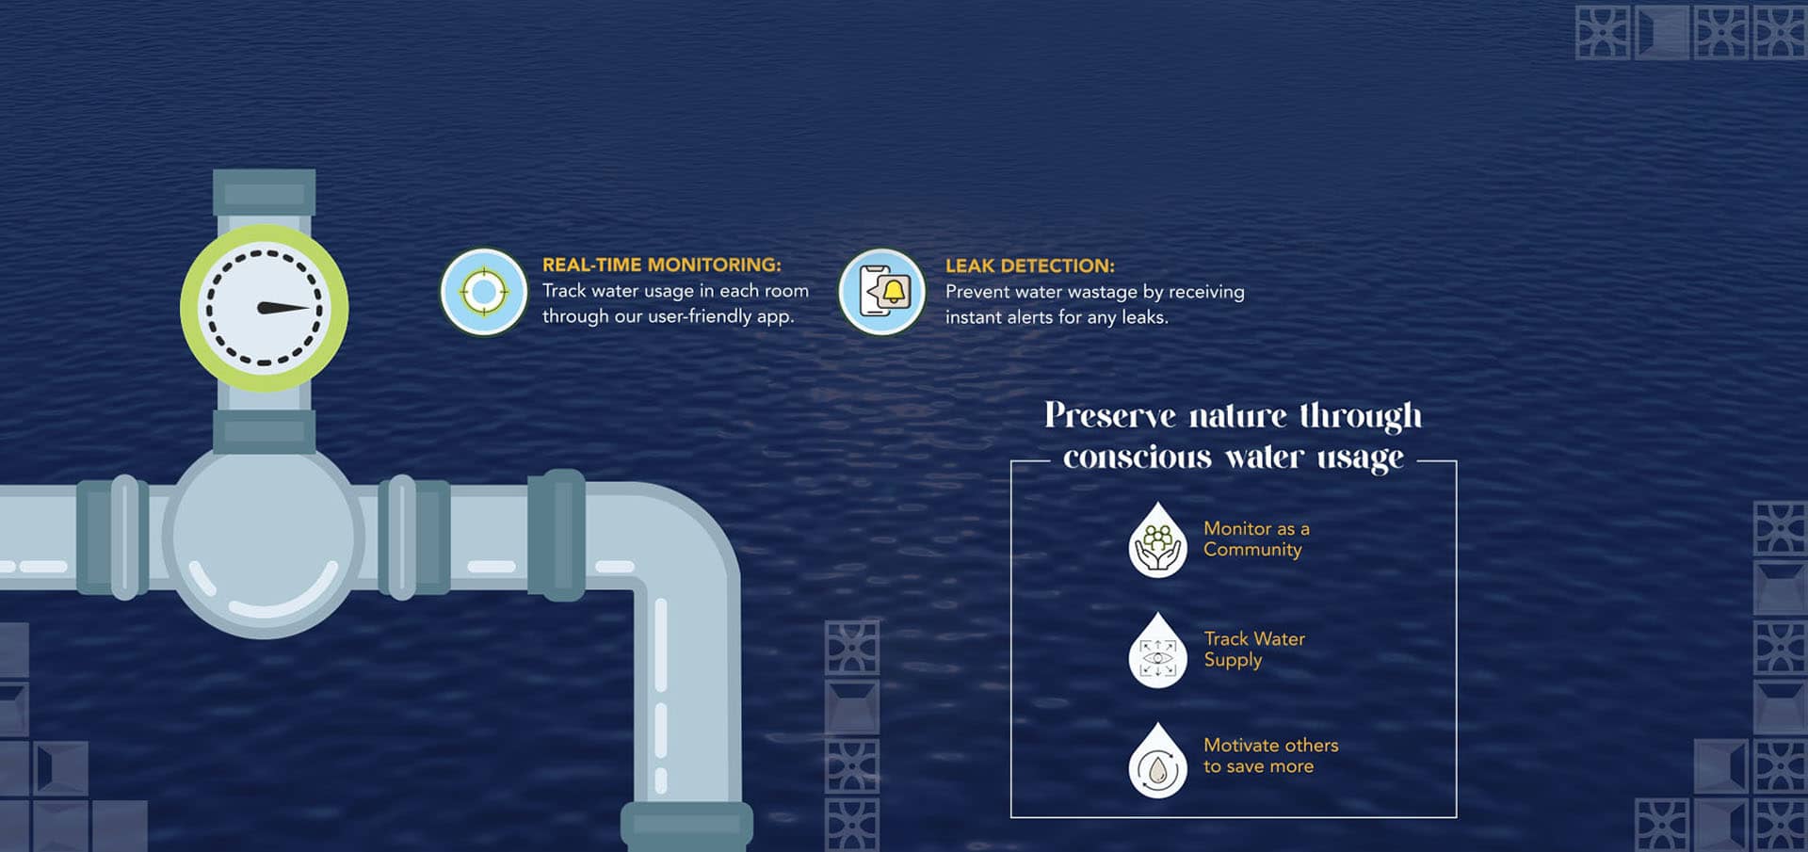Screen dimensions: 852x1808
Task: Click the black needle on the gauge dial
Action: (x=282, y=308)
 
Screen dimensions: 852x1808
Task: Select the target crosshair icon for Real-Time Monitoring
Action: (x=484, y=292)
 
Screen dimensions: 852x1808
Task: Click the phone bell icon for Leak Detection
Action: (x=882, y=292)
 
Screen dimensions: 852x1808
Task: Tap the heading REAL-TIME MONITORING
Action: (x=661, y=265)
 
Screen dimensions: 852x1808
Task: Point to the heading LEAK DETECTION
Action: (x=1029, y=266)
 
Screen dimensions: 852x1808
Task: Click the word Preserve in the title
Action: (x=1110, y=416)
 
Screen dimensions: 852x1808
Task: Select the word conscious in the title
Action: (x=1137, y=458)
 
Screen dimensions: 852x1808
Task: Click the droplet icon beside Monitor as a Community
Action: (x=1157, y=542)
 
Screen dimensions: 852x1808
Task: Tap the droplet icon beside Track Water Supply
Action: (x=1157, y=652)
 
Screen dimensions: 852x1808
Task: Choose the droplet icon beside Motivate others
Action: (x=1157, y=763)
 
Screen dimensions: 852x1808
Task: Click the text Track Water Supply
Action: (x=1253, y=650)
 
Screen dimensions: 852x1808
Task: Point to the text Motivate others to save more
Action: (x=1269, y=756)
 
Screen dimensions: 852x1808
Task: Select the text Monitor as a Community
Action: (x=1255, y=539)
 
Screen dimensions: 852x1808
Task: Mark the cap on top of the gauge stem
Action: (x=264, y=192)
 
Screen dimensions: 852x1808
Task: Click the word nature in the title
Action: (x=1237, y=416)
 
